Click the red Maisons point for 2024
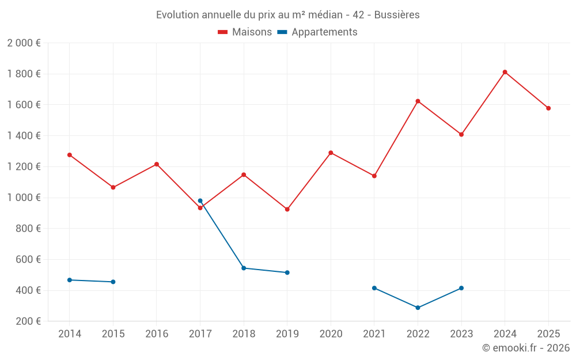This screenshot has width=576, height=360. click(505, 72)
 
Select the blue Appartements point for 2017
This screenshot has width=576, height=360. click(200, 200)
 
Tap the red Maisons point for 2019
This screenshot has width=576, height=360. click(287, 209)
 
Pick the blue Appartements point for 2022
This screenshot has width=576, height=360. click(418, 308)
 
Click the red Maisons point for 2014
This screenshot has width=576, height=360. click(70, 155)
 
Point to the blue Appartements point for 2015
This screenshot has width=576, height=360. click(113, 282)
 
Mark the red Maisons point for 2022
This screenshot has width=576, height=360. click(418, 101)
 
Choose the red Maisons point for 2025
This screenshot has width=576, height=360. click(548, 108)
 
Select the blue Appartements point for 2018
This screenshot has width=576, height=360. click(244, 268)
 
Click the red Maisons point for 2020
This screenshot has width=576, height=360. click(331, 153)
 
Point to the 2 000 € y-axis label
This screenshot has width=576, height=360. click(24, 43)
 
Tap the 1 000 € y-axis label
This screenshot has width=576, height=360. click(24, 198)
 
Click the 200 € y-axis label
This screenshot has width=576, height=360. click(27, 321)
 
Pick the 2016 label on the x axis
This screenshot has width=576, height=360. click(157, 334)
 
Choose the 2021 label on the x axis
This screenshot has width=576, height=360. click(374, 334)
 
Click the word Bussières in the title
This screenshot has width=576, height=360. click(397, 14)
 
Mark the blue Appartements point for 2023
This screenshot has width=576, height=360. click(461, 288)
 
